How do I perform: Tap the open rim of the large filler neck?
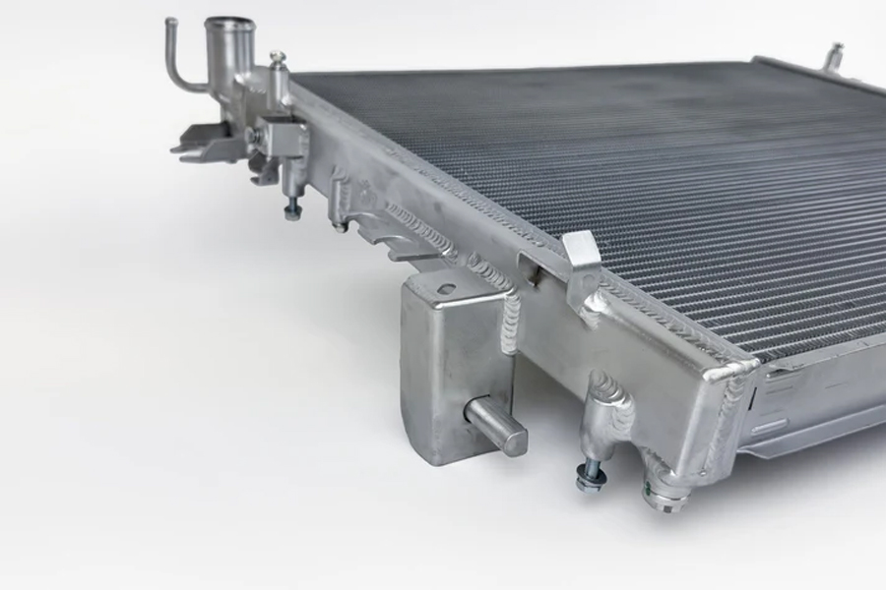pyautogui.click(x=229, y=24)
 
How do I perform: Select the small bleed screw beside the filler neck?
pyautogui.click(x=279, y=60)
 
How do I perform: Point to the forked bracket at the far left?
pyautogui.click(x=202, y=147)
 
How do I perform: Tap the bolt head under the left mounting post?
pyautogui.click(x=292, y=210)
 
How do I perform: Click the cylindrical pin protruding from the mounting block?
pyautogui.click(x=497, y=424)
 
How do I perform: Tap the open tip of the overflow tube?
pyautogui.click(x=170, y=21)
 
